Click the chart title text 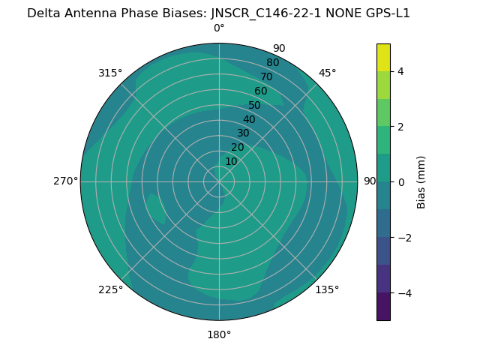218,13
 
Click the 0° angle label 219,28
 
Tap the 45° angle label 328,73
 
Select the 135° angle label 327,289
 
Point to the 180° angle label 219,334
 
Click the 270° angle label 66,181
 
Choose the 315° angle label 110,73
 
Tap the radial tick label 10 231,161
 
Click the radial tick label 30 243,133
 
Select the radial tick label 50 254,106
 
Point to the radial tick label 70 266,77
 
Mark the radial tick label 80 272,63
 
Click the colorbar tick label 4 400,71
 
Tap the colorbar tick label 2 400,127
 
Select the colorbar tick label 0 400,182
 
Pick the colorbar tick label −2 401,238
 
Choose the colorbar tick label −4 401,293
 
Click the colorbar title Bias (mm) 421,182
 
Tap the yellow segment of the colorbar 383,57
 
